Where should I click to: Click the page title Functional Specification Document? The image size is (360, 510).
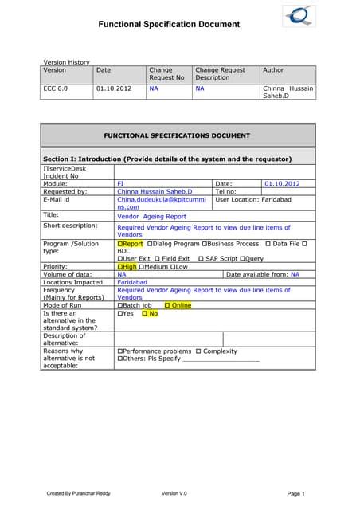click(x=168, y=25)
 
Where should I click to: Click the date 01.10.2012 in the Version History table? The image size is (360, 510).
click(x=112, y=89)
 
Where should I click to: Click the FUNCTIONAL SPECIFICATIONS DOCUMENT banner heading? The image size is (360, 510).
click(x=178, y=136)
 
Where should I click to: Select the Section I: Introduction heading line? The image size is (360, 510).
click(x=166, y=159)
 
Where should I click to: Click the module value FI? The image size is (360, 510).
click(x=120, y=183)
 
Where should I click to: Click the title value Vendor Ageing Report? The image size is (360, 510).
click(x=151, y=215)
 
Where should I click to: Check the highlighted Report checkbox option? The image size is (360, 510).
click(x=131, y=243)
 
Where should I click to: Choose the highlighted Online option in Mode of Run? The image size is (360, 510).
click(x=178, y=305)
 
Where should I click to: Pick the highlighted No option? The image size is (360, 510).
click(x=149, y=313)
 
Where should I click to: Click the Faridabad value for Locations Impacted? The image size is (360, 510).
click(x=134, y=282)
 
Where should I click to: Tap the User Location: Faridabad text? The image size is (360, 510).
click(x=256, y=199)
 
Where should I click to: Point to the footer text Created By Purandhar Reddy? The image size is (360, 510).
click(x=79, y=494)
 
